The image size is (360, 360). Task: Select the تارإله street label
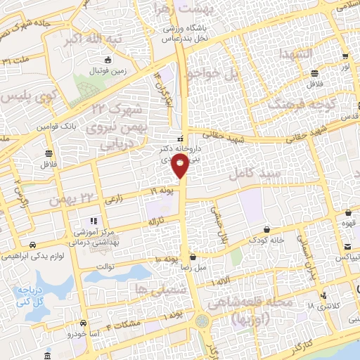155,221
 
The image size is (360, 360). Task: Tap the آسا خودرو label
71,334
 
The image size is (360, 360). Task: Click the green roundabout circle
203,321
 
